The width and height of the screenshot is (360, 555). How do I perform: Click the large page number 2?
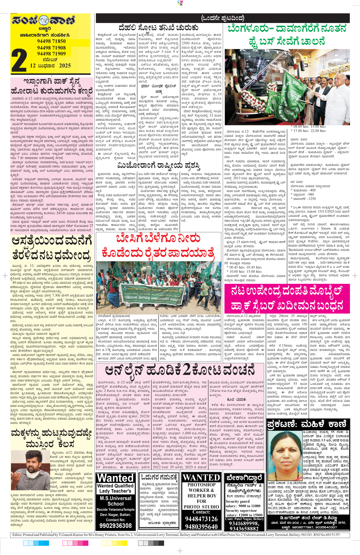[19, 60]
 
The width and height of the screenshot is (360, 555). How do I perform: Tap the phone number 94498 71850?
[51, 41]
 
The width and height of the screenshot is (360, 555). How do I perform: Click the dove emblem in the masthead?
[44, 20]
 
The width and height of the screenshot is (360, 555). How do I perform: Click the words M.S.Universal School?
[115, 501]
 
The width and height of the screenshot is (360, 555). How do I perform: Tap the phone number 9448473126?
[201, 519]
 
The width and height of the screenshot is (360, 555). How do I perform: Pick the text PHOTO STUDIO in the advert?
[201, 507]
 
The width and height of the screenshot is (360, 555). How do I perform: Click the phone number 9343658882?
[244, 529]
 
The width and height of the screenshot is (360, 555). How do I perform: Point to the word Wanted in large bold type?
[115, 478]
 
